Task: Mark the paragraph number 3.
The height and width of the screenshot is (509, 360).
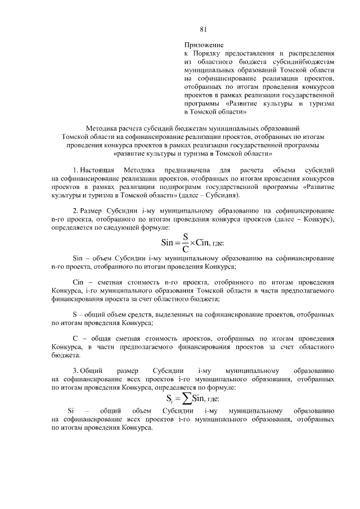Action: (75, 371)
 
